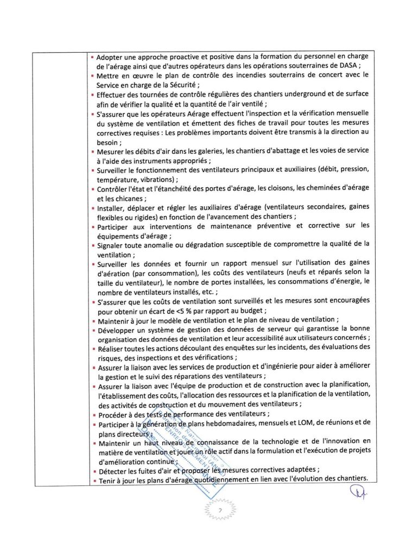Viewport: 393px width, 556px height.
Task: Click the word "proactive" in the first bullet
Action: click(170, 56)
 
